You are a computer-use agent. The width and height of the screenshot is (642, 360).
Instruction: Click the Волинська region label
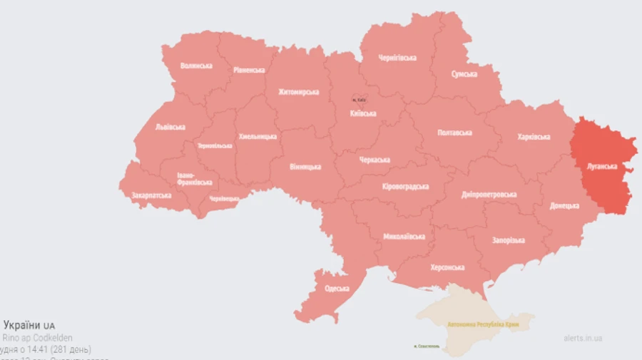[x=196, y=66]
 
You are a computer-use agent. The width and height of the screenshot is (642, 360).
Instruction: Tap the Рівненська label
[x=249, y=70]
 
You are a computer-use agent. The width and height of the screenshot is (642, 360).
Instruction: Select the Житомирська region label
[x=298, y=92]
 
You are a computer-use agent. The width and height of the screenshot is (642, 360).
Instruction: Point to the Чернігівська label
[x=397, y=58]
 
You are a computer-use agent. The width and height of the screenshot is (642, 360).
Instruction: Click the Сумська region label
[x=464, y=74]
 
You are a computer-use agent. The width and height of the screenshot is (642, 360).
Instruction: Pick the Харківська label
[x=533, y=136]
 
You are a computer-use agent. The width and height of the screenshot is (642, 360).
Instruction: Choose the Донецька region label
[x=564, y=205]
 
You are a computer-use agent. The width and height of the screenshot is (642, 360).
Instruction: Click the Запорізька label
[x=508, y=240]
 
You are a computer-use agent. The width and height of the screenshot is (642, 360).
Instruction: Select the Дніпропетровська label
[x=489, y=194]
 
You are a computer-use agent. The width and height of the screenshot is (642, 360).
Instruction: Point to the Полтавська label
[x=454, y=133]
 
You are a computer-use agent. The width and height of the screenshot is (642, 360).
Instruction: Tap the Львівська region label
[x=170, y=127]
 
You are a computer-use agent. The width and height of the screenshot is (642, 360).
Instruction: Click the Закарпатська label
[x=151, y=195]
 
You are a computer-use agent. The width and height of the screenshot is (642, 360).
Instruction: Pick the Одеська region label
[x=336, y=289]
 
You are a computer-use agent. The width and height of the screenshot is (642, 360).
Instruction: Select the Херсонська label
[x=447, y=267]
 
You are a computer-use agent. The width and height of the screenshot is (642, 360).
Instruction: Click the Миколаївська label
[x=404, y=236]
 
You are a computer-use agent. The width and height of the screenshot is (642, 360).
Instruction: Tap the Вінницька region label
[x=305, y=167]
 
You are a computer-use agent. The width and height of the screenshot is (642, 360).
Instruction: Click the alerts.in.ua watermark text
[x=583, y=339]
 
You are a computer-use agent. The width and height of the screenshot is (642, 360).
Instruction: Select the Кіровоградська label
[x=405, y=186]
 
